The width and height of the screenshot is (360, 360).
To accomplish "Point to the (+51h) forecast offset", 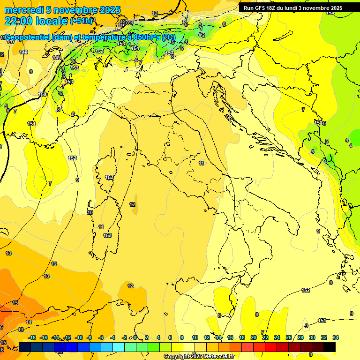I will pyautogui.click(x=82, y=21).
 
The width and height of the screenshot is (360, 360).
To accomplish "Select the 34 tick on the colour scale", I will pyautogui.click(x=336, y=337).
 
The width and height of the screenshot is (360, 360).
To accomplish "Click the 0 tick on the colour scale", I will pyautogui.click(x=135, y=337).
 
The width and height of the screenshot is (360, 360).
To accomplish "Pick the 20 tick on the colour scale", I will pyautogui.click(x=253, y=337).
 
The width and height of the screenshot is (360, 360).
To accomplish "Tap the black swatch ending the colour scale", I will pyautogui.click(x=330, y=347).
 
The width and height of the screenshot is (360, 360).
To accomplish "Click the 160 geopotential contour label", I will pyautogui.click(x=42, y=95).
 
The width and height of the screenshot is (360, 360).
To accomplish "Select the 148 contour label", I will pyautogui.click(x=24, y=52).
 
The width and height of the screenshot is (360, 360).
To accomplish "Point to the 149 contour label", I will pyautogui.click(x=57, y=58).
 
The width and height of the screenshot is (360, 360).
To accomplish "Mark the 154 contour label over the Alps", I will pyautogui.click(x=135, y=48).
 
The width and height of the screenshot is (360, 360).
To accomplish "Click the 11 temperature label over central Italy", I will pyautogui.click(x=201, y=163).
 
